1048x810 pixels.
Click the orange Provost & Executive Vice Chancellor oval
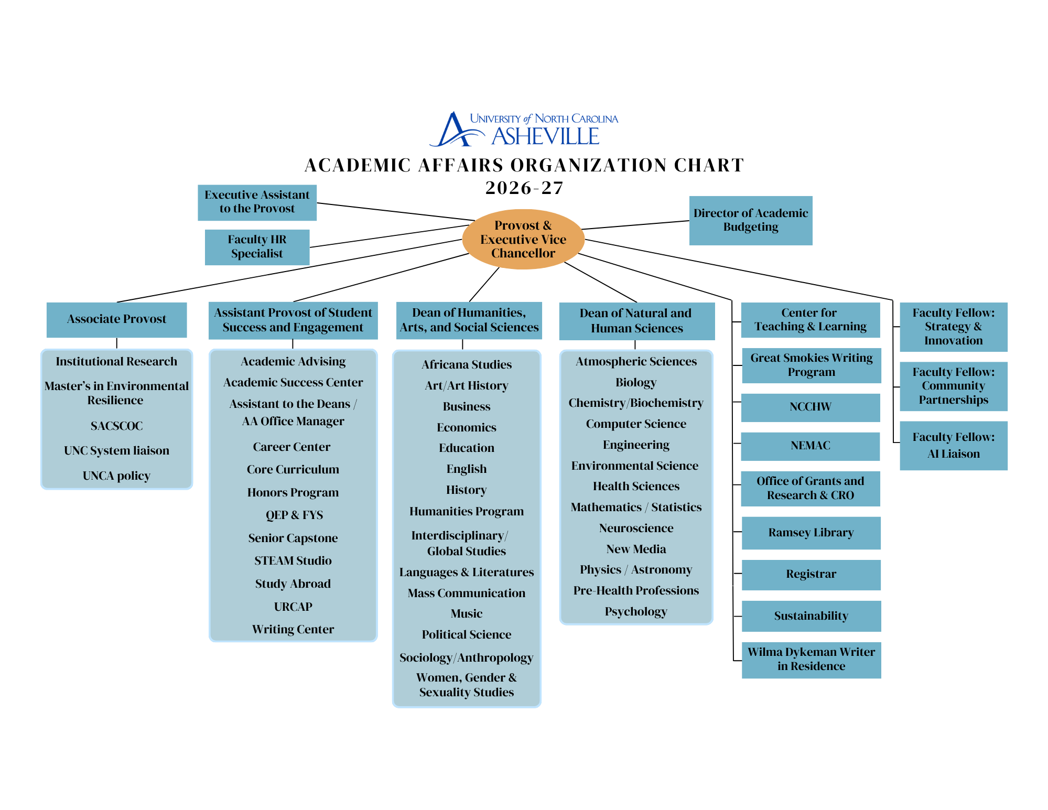523,239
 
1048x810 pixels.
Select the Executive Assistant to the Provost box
257,202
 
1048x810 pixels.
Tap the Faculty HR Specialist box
257,247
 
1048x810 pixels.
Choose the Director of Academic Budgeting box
751,220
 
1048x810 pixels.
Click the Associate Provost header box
116,320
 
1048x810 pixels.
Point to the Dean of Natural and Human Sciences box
636,321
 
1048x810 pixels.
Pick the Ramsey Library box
811,533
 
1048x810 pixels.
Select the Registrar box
811,575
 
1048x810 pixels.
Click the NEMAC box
811,446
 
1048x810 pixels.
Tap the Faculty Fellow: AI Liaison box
954,446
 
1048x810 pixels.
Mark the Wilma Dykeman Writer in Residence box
811,660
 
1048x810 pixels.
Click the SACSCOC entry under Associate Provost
116,426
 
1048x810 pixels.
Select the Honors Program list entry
293,493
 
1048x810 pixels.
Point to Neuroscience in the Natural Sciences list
636,528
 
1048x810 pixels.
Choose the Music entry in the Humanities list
467,613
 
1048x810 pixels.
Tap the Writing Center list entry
293,629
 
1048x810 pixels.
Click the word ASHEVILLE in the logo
545,136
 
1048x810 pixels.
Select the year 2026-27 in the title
524,188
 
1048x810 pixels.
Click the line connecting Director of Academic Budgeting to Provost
635,225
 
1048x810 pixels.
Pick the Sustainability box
811,616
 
